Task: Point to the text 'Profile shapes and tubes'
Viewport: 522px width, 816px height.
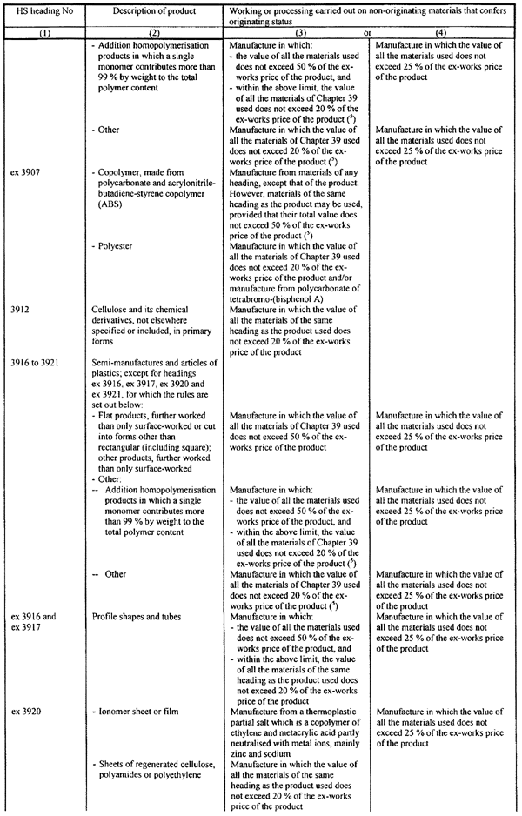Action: tap(137, 617)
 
